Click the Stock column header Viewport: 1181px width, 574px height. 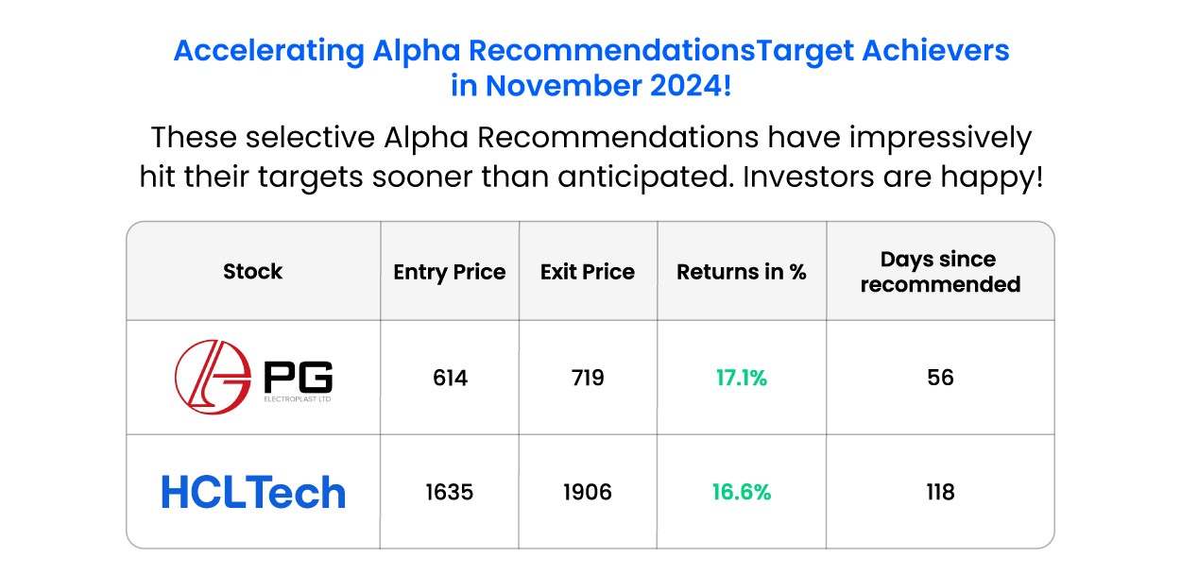pyautogui.click(x=252, y=272)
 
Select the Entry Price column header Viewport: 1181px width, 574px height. pyautogui.click(x=450, y=272)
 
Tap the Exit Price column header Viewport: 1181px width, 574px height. pyautogui.click(x=588, y=272)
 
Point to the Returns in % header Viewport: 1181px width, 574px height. pyautogui.click(x=742, y=272)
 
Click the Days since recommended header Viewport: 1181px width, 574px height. pyautogui.click(x=940, y=272)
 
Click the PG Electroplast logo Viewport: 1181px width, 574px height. pyautogui.click(x=253, y=378)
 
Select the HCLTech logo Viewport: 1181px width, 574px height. pyautogui.click(x=253, y=493)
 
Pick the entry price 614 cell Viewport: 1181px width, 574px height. pyautogui.click(x=450, y=379)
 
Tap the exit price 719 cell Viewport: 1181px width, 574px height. pyautogui.click(x=588, y=379)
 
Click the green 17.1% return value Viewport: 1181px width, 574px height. pyautogui.click(x=742, y=379)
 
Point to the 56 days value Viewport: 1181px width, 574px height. pyautogui.click(x=940, y=379)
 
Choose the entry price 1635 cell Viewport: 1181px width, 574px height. pyautogui.click(x=450, y=493)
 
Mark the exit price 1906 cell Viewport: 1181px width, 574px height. pyautogui.click(x=588, y=493)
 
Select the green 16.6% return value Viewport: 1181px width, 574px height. pyautogui.click(x=742, y=493)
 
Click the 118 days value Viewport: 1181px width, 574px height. pyautogui.click(x=940, y=493)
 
